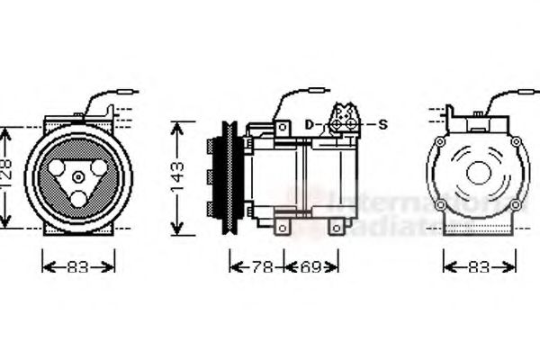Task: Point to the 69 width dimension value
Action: [x=311, y=267]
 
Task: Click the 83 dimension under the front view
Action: [x=78, y=267]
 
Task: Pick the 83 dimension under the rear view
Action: [x=479, y=267]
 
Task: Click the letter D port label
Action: [x=308, y=124]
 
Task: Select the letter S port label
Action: [x=382, y=124]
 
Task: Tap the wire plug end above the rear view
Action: [x=531, y=90]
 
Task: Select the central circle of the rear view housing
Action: [x=478, y=173]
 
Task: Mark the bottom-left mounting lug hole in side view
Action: [x=283, y=229]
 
